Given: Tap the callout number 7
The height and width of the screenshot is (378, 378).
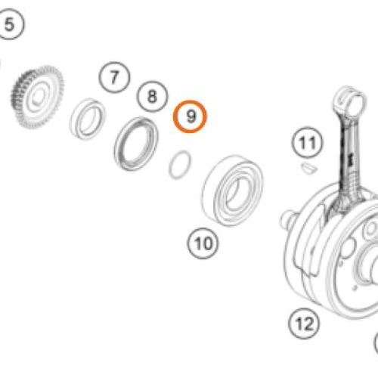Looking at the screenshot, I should click(114, 76).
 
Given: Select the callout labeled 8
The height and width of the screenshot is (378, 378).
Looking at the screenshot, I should click(152, 96).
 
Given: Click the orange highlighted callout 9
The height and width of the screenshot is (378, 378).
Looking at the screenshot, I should click(191, 116).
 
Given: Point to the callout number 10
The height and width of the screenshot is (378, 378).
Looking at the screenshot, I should click(203, 243).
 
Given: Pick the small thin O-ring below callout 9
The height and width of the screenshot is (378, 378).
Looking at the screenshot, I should click(180, 164).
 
